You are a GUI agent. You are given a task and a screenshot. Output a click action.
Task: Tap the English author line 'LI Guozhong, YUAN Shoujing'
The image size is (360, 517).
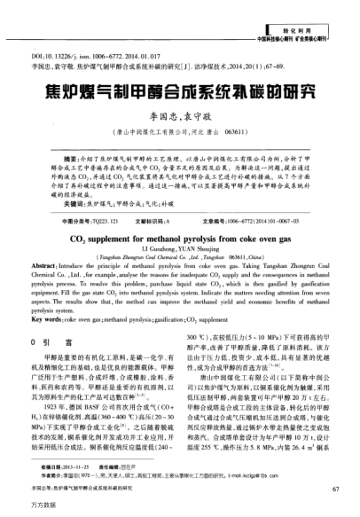pyautogui.click(x=180, y=249)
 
